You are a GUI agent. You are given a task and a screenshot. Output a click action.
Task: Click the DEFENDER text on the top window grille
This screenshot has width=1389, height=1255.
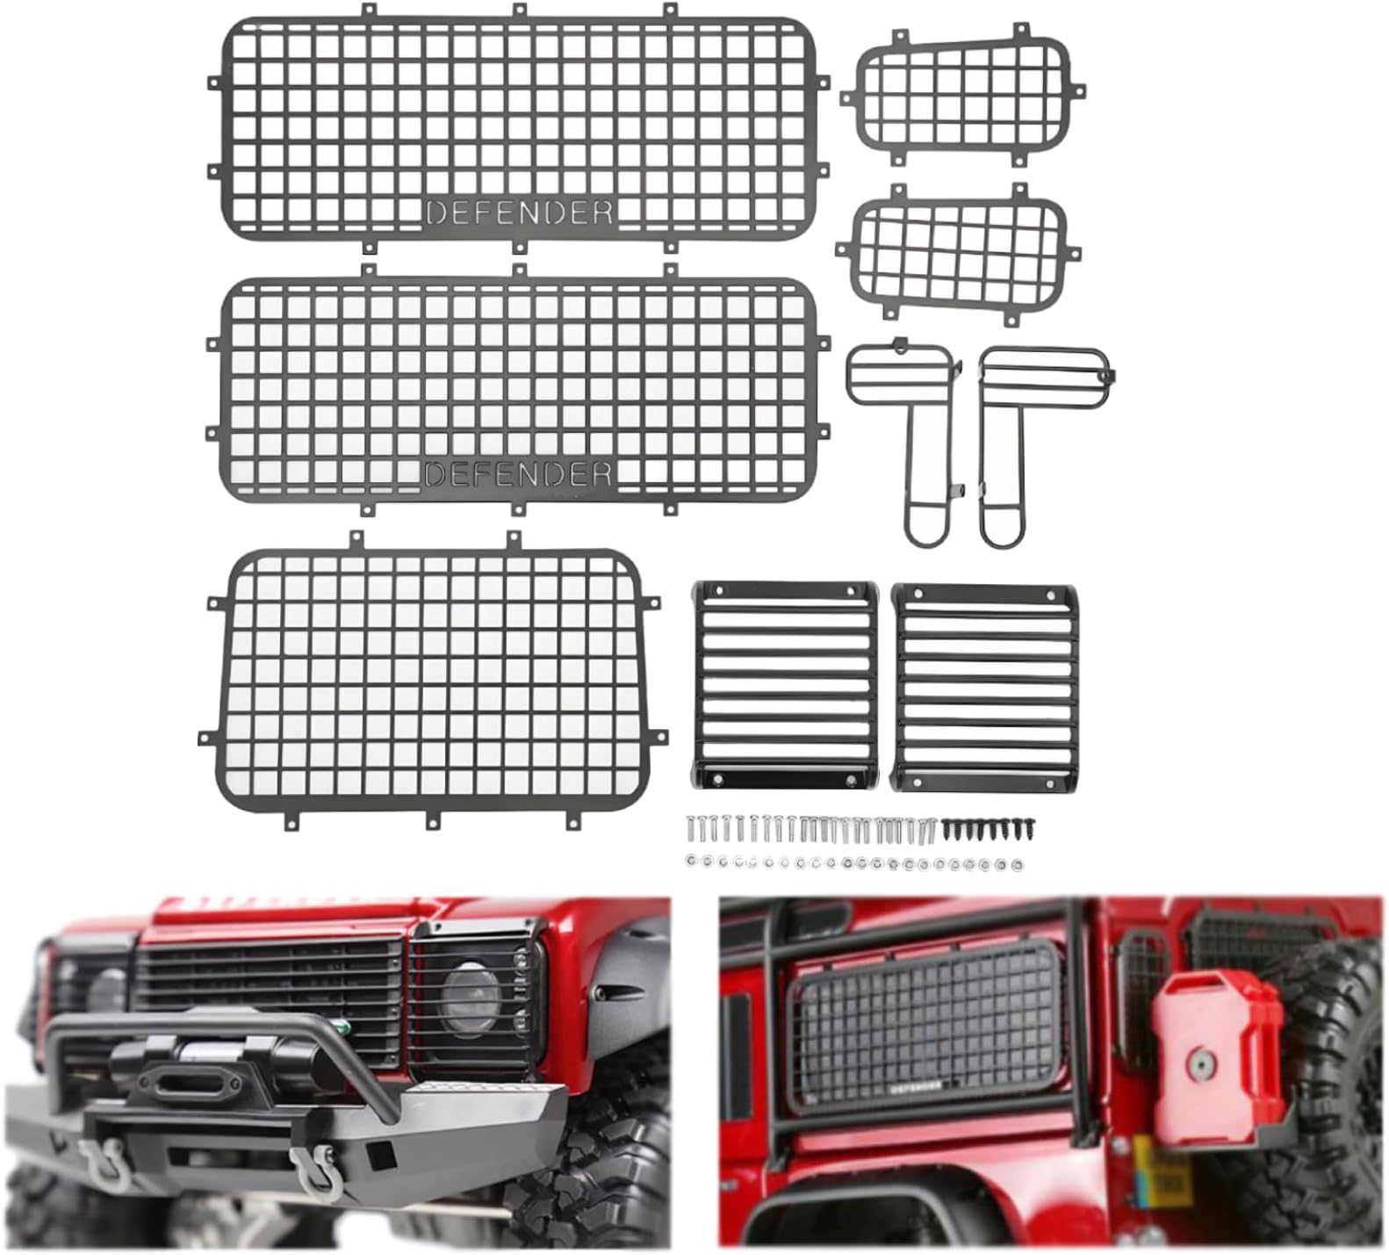click(x=519, y=212)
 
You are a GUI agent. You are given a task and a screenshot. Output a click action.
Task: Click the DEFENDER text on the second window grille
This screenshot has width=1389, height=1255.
click(x=517, y=474)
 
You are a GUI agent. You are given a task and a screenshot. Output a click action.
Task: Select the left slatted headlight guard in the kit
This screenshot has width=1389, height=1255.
click(x=784, y=684)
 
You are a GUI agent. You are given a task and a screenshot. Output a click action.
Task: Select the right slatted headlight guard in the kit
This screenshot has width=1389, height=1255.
click(x=984, y=686)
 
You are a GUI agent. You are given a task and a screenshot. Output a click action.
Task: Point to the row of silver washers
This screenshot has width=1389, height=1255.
click(x=852, y=863)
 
